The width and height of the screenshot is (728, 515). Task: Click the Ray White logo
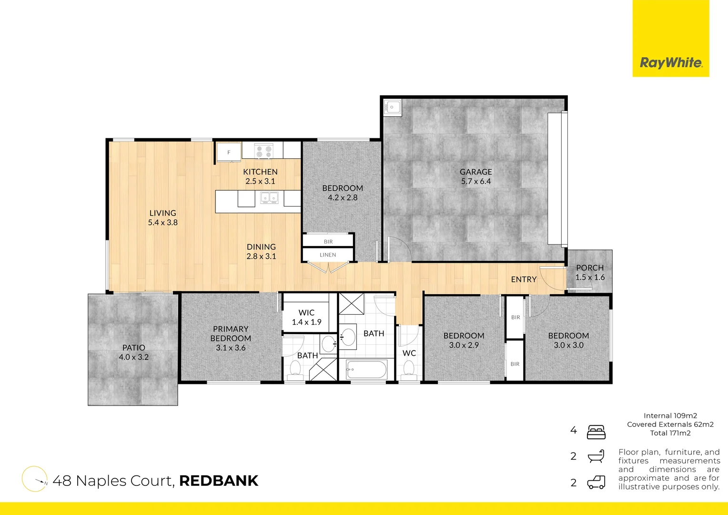pos(671,62)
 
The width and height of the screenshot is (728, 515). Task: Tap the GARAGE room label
pos(475,172)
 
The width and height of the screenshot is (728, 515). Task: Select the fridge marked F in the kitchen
pos(229,153)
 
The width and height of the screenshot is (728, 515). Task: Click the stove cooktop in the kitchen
pos(263,151)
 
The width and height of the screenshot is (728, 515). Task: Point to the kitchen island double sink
pos(269,197)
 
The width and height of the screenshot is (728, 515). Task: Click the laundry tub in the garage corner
pos(393,107)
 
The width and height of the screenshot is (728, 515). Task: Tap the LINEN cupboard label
pos(328,255)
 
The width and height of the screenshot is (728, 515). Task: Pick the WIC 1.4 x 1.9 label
pos(306,318)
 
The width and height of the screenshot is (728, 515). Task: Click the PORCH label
pos(590,268)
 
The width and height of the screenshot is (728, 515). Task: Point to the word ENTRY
pos(524,279)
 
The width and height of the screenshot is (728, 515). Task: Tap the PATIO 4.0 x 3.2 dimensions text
pos(134,357)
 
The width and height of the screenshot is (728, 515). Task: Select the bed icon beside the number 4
pos(596,432)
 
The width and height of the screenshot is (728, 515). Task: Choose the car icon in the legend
pos(596,482)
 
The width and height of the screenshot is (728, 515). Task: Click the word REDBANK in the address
pos(219,481)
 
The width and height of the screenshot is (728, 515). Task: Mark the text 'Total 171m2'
pos(670,433)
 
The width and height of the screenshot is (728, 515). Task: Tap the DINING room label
pos(261,247)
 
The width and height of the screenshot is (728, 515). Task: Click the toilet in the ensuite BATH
pos(295,369)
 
